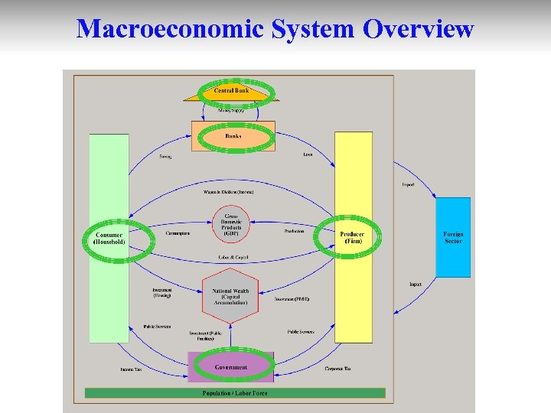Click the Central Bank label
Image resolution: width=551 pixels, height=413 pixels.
tap(231, 91)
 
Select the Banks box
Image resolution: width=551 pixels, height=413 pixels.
tap(233, 136)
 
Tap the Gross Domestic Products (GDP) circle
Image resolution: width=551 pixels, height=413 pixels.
tap(231, 224)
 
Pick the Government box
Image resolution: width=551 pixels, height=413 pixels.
tap(231, 367)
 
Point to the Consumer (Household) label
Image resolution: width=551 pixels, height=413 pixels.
tap(109, 238)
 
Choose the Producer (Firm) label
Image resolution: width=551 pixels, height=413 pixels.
tap(353, 238)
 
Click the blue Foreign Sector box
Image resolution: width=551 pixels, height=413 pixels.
tap(453, 237)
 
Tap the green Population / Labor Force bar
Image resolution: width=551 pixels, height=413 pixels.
tap(235, 393)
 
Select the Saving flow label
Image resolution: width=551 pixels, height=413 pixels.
tap(165, 158)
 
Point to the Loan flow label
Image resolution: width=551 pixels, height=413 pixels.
tap(308, 154)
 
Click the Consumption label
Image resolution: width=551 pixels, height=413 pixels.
tap(178, 233)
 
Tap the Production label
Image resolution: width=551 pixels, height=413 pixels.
tap(294, 231)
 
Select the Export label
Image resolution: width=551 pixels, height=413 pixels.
tap(408, 184)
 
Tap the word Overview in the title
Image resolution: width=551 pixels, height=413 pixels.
tap(419, 29)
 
